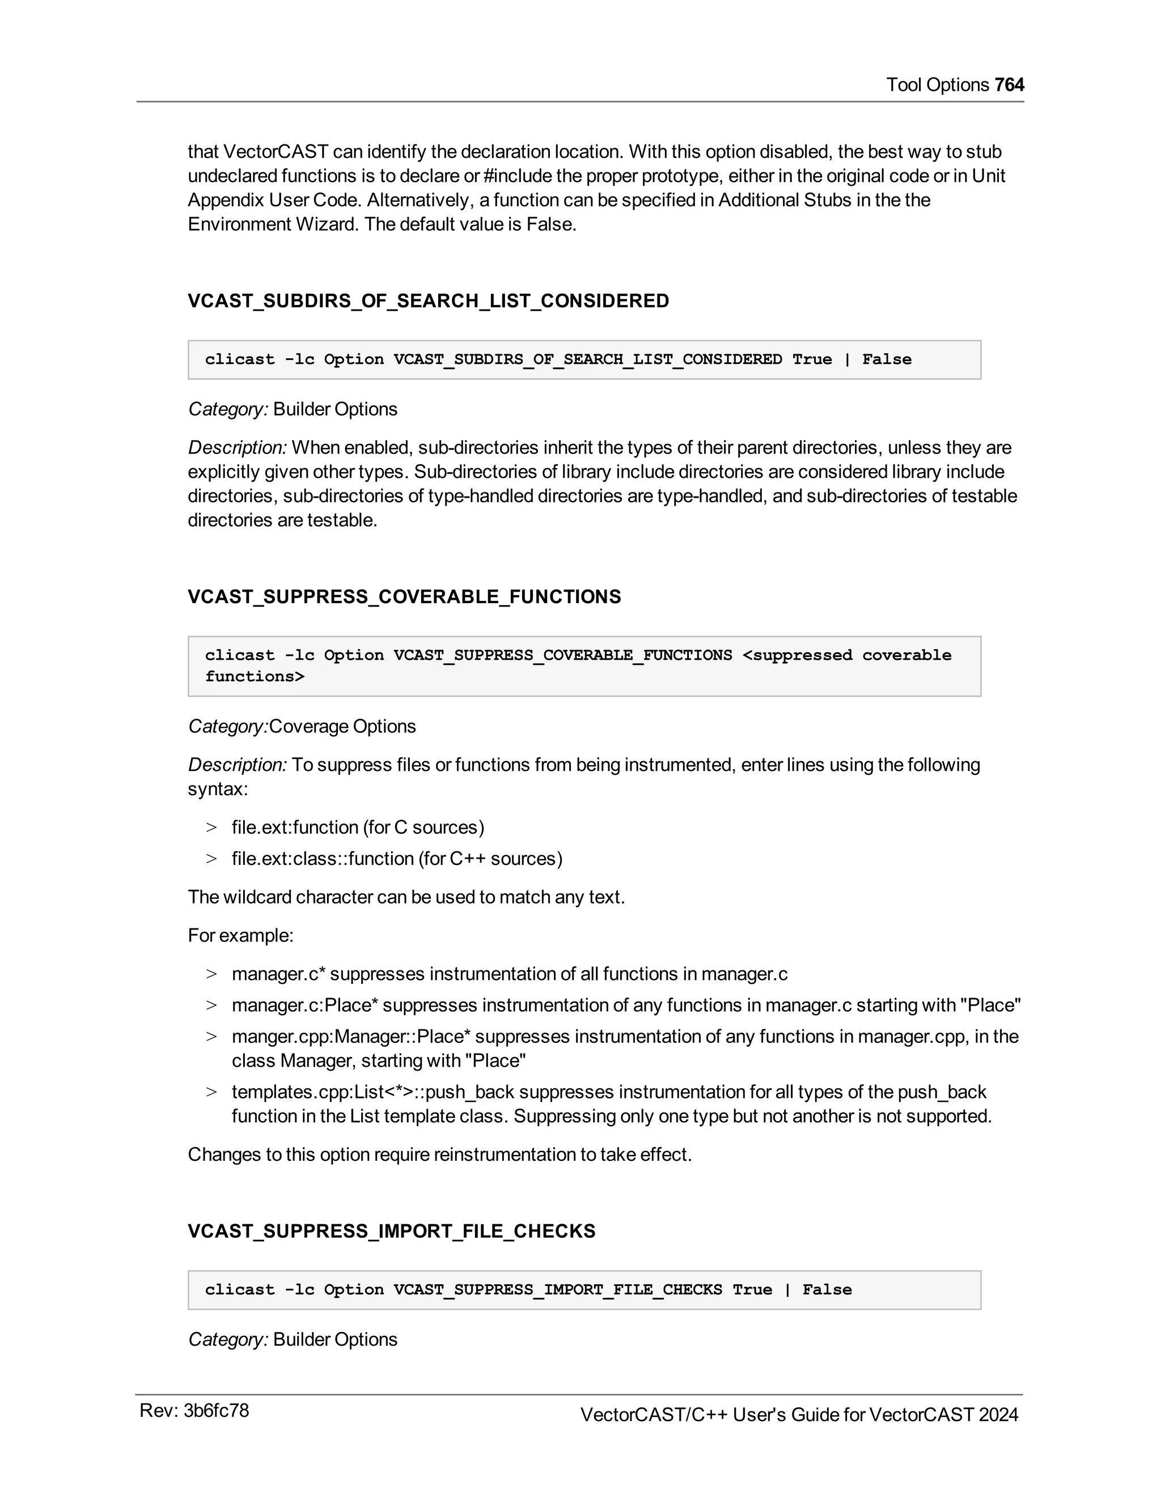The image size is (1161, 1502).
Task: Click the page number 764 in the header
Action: pos(1009,84)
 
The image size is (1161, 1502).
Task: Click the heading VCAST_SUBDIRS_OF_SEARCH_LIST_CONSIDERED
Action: pos(428,300)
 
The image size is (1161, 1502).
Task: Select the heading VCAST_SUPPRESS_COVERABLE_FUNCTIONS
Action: pos(404,596)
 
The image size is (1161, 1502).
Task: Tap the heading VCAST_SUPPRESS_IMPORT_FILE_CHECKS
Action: pos(391,1231)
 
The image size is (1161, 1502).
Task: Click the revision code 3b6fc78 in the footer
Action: pos(215,1411)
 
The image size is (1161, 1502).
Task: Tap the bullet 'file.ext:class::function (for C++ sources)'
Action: pos(397,858)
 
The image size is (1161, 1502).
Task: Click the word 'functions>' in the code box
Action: pos(255,677)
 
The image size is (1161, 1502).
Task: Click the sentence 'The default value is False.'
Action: pos(470,224)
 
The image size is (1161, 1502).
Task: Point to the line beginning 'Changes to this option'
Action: pos(439,1154)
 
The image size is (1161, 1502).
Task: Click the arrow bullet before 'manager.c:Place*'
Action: pos(211,1005)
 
